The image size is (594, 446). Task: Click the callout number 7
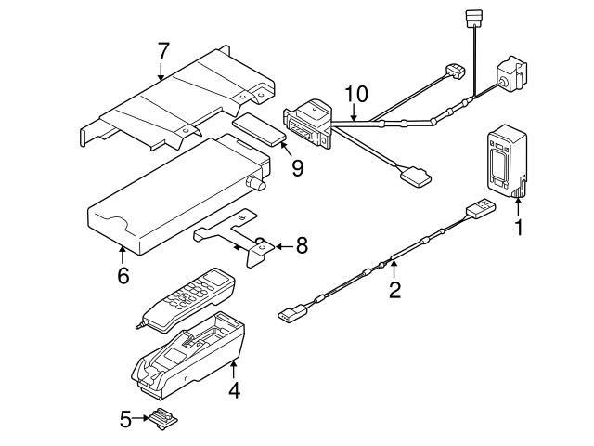click(x=163, y=52)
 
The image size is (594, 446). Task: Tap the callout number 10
click(x=356, y=95)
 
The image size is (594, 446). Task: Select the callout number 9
click(x=298, y=168)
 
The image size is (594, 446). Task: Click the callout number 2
click(x=394, y=290)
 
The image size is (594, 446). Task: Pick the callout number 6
click(x=123, y=275)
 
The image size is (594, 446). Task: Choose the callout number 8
click(x=302, y=245)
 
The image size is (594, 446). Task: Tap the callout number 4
click(x=235, y=390)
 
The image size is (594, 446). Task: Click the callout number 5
click(x=126, y=419)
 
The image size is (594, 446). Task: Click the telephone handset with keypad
click(x=187, y=299)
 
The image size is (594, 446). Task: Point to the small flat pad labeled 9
click(x=259, y=129)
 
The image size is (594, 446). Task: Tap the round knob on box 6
click(x=256, y=183)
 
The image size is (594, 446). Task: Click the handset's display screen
click(x=215, y=278)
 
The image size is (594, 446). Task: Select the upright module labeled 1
click(x=507, y=161)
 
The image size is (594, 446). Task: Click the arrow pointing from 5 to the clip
click(x=141, y=418)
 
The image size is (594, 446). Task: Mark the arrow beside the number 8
click(x=285, y=247)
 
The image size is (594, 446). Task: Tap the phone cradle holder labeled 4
click(x=187, y=355)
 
